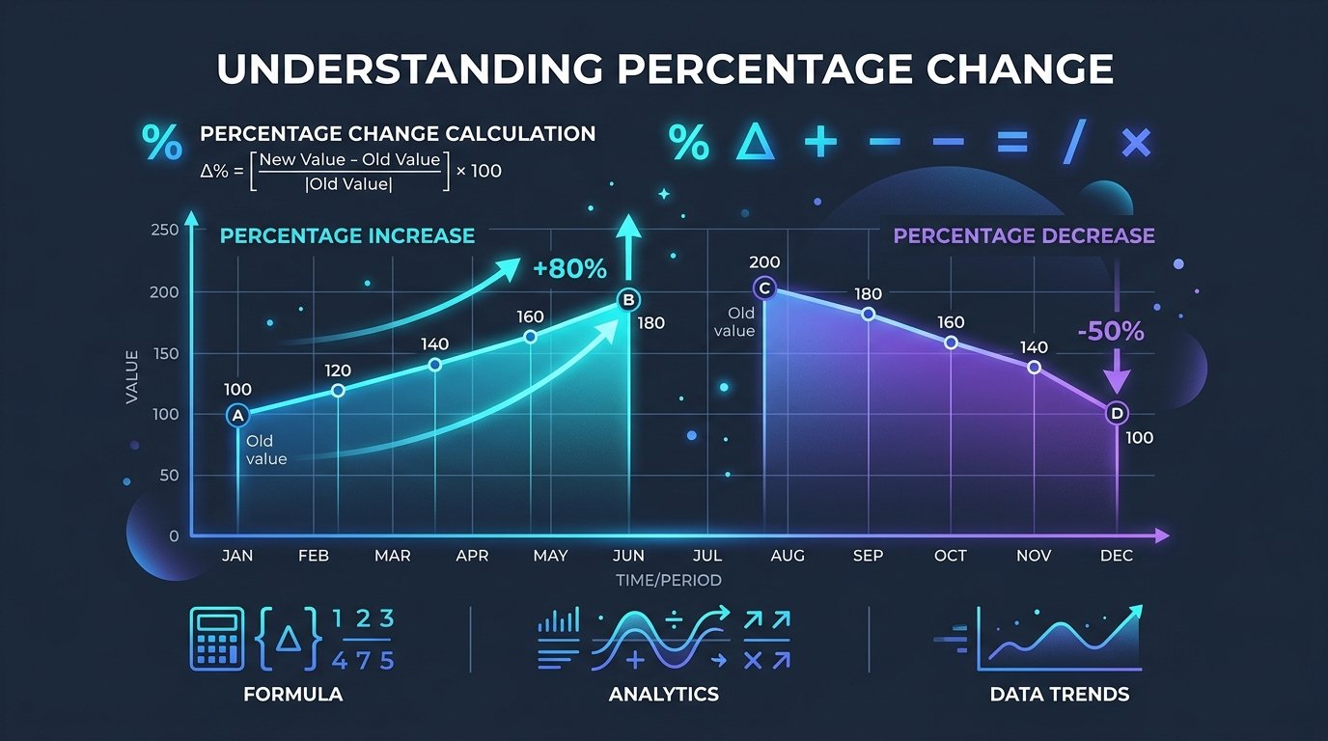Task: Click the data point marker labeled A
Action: tap(237, 416)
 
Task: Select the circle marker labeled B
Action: tap(628, 300)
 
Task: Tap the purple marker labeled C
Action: tap(764, 288)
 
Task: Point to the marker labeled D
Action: tap(1117, 413)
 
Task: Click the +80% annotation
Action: tap(569, 269)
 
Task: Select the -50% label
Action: tap(1111, 331)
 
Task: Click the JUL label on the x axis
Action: tap(707, 556)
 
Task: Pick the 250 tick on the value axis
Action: tap(165, 230)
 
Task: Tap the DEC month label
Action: tap(1117, 556)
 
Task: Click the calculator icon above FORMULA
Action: tap(217, 639)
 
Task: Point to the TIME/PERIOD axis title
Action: tap(668, 580)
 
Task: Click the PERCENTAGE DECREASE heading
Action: tap(1024, 236)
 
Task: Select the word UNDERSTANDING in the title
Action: tap(409, 69)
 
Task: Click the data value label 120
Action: tap(338, 370)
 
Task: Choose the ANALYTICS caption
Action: tap(664, 694)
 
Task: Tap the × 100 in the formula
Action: tap(479, 171)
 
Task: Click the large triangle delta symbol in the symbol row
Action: tap(755, 141)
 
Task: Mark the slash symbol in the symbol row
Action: tap(1074, 141)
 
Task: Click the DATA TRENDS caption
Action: tap(1060, 694)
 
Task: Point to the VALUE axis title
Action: tap(131, 377)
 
